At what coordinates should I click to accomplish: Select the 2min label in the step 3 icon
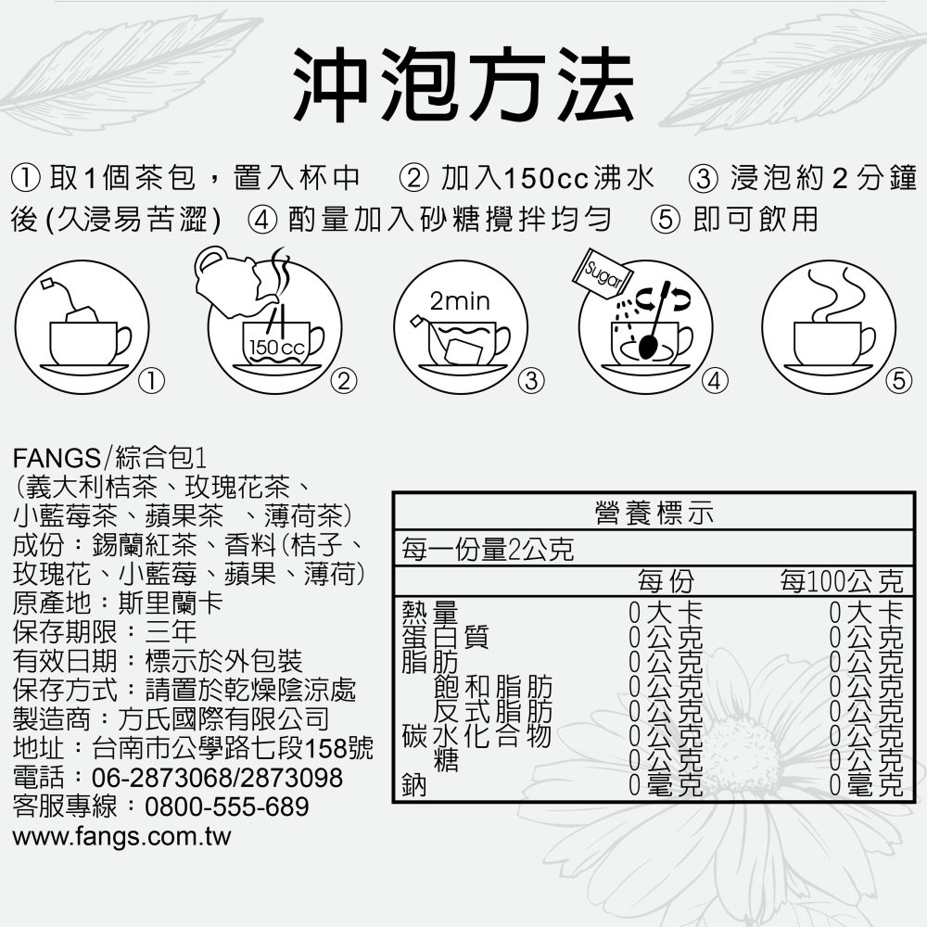tap(460, 302)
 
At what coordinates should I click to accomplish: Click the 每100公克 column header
tap(840, 582)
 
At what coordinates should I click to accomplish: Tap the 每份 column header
tap(665, 582)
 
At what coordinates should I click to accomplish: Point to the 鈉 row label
tap(413, 786)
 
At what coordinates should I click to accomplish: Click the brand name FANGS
tap(57, 457)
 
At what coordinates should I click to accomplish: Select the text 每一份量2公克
tap(488, 550)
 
